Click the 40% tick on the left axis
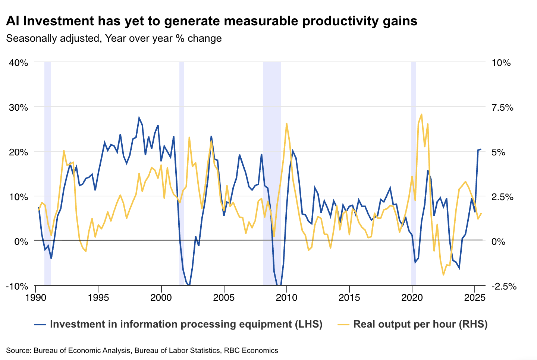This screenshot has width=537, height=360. click(x=19, y=63)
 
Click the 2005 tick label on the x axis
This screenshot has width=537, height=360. click(x=224, y=298)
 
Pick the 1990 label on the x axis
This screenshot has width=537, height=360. click(x=35, y=298)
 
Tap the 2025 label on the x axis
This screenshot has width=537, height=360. click(x=474, y=298)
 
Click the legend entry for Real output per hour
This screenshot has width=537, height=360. click(x=420, y=324)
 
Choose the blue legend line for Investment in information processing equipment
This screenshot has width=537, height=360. click(x=40, y=325)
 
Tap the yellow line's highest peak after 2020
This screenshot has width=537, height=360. click(x=421, y=114)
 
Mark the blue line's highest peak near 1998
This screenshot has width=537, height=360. click(x=139, y=118)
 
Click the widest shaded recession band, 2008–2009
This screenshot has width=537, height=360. click(x=271, y=171)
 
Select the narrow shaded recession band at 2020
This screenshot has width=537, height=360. click(x=413, y=171)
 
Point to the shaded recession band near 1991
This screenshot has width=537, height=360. click(x=48, y=171)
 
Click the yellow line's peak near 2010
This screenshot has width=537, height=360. click(x=286, y=124)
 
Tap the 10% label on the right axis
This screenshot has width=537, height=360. click(x=501, y=63)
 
